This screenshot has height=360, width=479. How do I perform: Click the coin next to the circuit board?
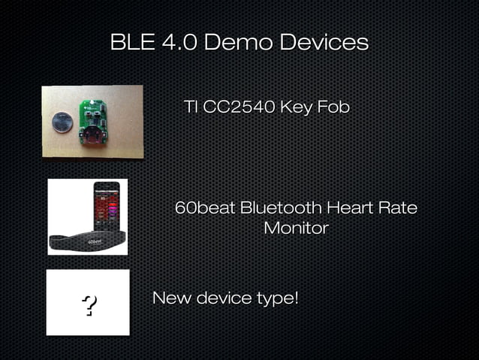click(62, 122)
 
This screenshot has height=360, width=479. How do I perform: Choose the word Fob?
click(333, 107)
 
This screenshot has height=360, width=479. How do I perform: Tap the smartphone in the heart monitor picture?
click(105, 207)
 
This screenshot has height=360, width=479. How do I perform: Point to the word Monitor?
click(296, 228)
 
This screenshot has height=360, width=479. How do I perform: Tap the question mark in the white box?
click(89, 305)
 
